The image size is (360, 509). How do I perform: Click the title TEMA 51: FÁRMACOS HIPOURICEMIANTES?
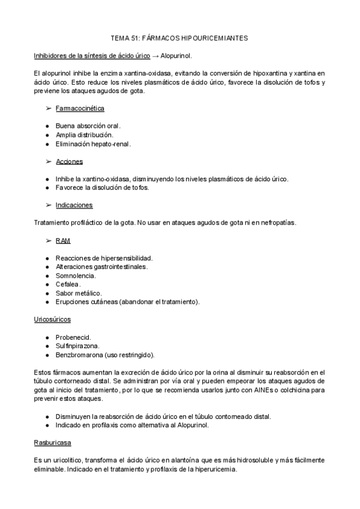click(x=180, y=38)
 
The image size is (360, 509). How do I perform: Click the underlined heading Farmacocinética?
click(x=80, y=109)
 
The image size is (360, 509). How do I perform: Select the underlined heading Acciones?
click(x=69, y=161)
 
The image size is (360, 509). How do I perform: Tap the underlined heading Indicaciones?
click(x=74, y=205)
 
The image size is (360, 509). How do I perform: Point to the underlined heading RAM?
click(x=63, y=240)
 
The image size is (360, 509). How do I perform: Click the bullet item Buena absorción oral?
click(x=88, y=126)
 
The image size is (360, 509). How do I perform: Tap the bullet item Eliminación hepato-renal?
click(x=93, y=144)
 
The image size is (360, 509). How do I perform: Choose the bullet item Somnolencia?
click(x=76, y=275)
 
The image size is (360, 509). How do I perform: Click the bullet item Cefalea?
click(x=68, y=284)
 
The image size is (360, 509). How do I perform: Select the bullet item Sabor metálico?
click(x=79, y=292)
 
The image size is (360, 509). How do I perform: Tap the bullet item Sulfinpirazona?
click(x=77, y=346)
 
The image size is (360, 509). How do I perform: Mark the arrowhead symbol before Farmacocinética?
click(x=49, y=109)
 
